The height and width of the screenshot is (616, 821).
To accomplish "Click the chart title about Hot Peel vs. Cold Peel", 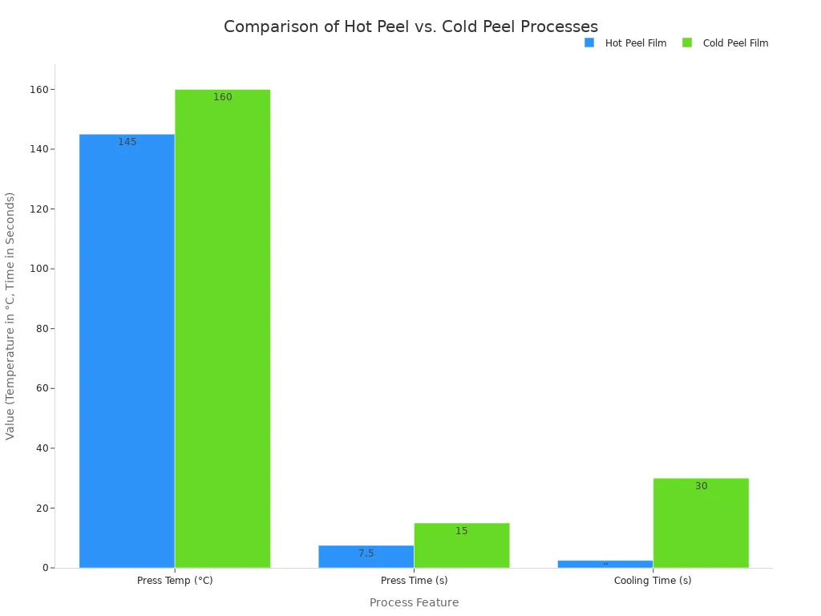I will [410, 26].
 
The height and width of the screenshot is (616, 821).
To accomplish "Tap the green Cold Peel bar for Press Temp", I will [222, 328].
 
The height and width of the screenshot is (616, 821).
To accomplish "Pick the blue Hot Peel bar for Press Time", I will [366, 557].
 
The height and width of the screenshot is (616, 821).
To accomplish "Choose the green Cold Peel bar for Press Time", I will [461, 545].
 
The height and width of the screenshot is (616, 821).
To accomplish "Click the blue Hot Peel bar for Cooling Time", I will [605, 564].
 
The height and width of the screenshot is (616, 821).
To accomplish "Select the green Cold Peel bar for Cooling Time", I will [701, 523].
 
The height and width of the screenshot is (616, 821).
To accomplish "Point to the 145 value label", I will [127, 142].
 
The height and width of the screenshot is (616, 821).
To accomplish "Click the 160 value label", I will [222, 97].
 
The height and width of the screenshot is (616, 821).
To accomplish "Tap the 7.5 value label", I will [366, 553].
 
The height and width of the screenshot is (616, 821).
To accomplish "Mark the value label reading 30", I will [701, 486].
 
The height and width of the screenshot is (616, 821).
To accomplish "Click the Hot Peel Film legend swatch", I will [589, 43].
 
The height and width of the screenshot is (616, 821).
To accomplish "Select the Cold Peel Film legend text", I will [735, 43].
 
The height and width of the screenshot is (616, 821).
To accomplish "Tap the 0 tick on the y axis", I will [46, 568].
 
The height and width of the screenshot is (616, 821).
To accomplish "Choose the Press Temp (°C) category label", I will [175, 581].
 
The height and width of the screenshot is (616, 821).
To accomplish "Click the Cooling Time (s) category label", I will [653, 581].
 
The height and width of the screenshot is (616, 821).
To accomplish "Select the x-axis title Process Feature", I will [414, 602].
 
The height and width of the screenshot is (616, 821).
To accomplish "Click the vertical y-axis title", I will [10, 315].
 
